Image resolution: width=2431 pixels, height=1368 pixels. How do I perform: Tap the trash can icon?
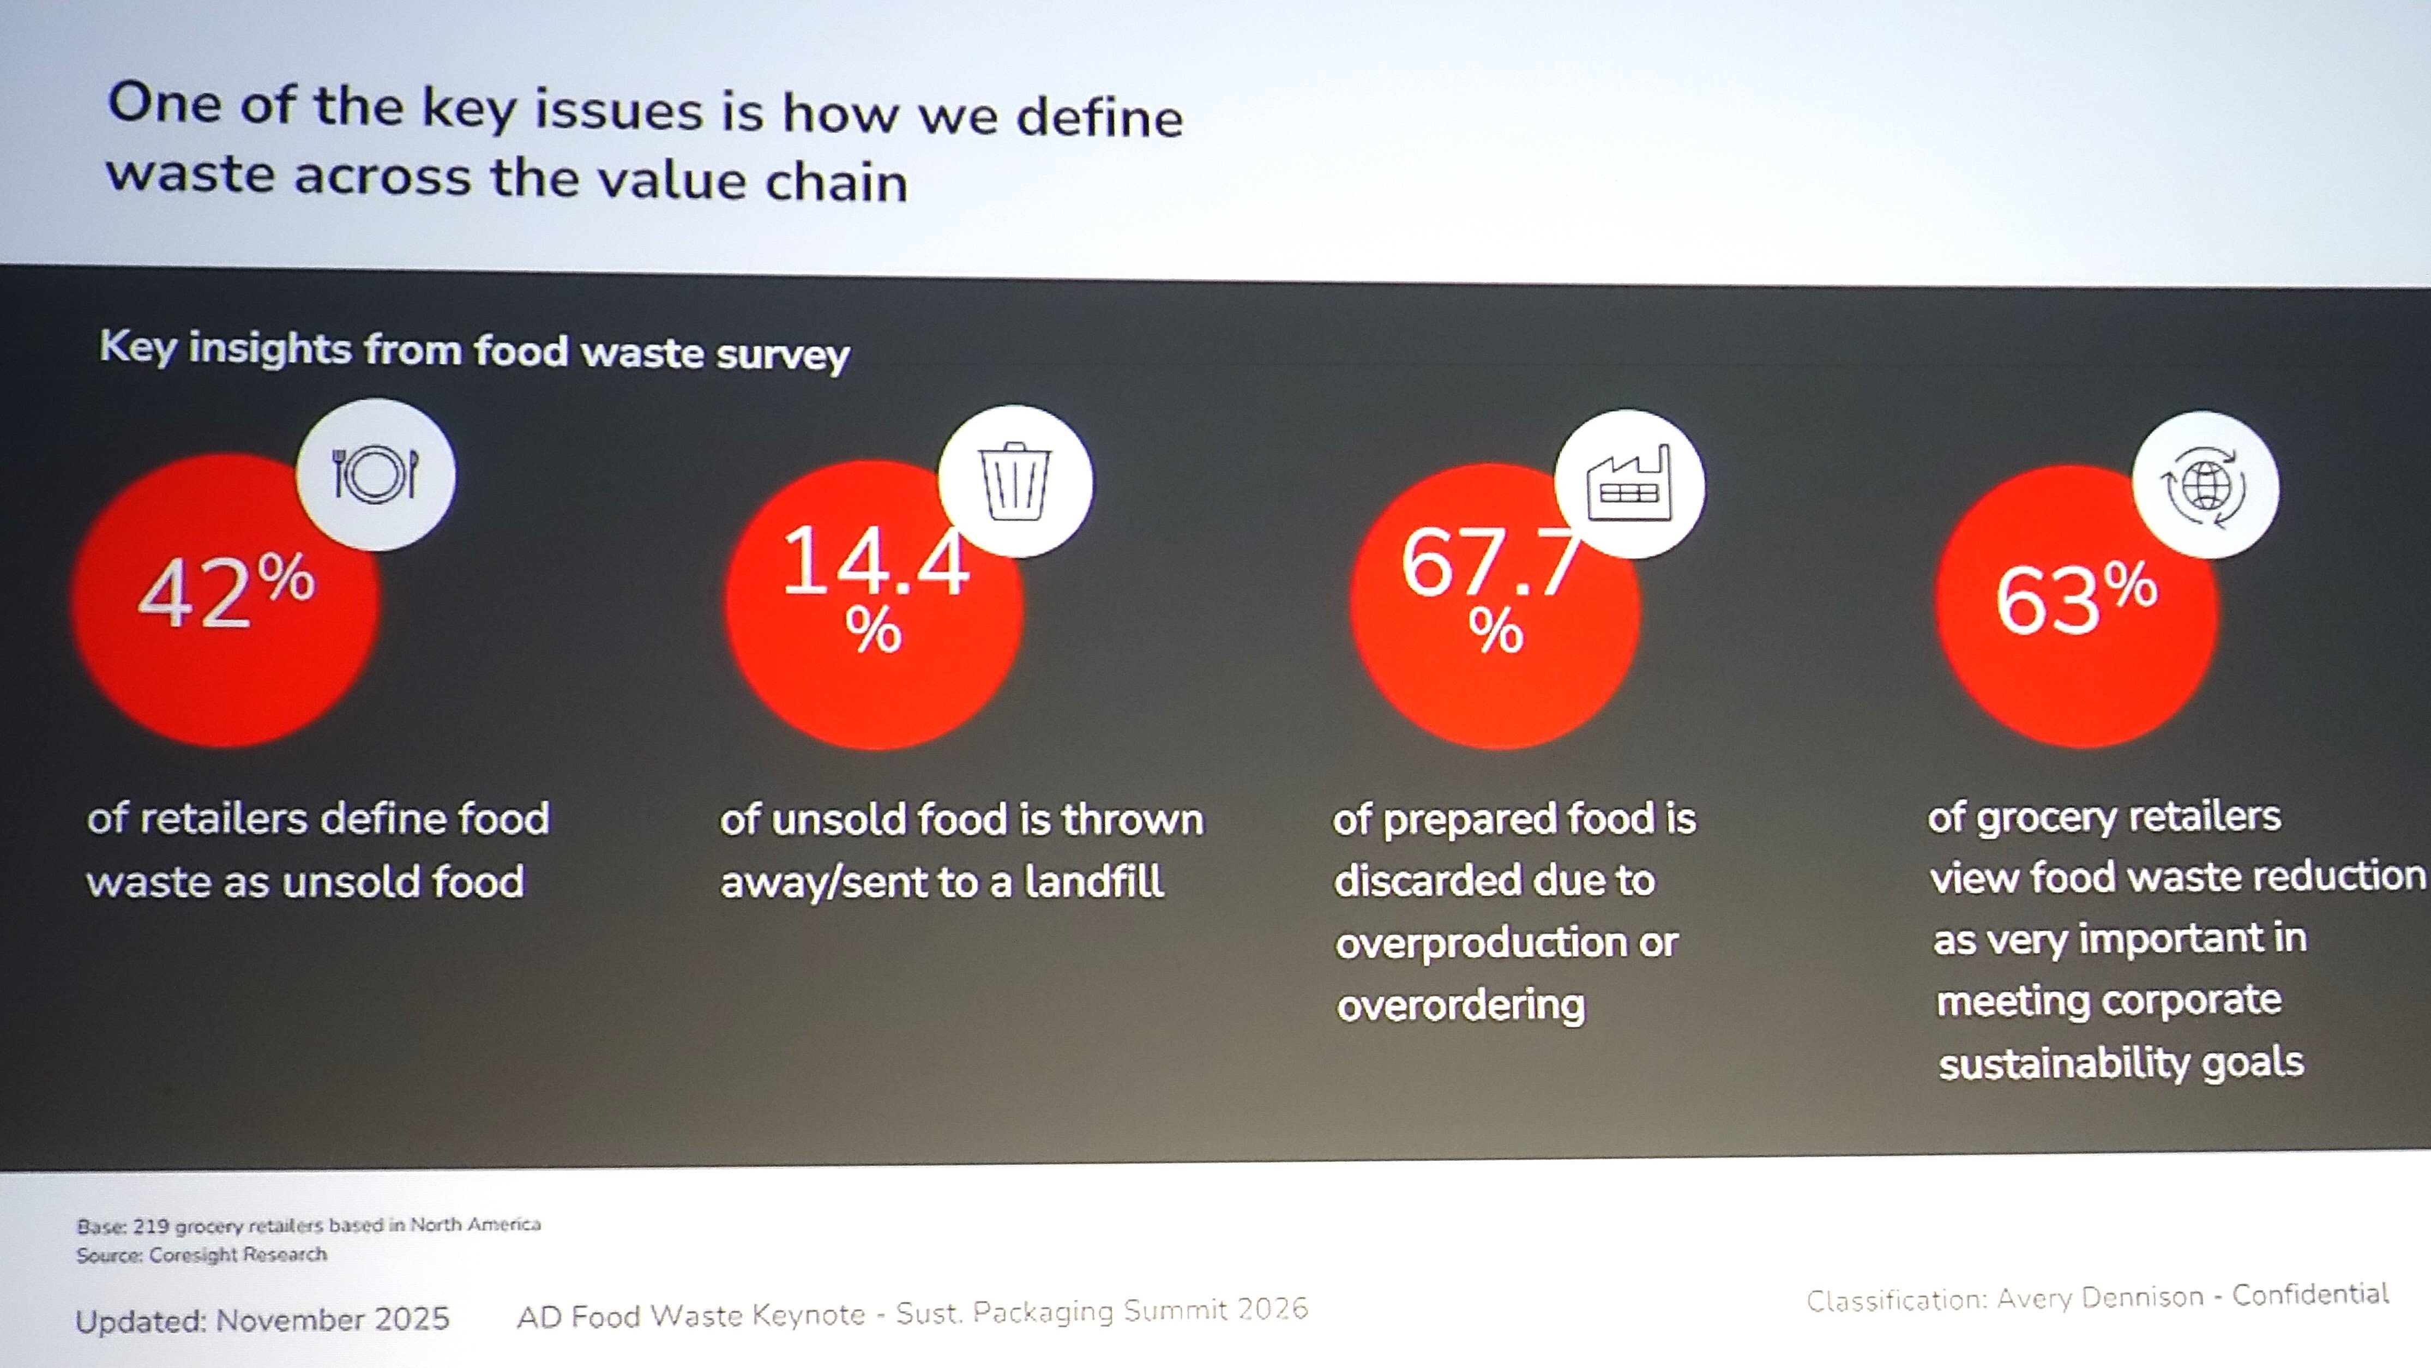pos(1014,481)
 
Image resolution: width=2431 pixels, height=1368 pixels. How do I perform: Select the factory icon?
pos(1629,484)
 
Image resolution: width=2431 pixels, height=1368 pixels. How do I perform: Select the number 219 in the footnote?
pos(151,1226)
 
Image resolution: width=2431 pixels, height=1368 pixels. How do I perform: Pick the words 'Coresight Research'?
pos(238,1255)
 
